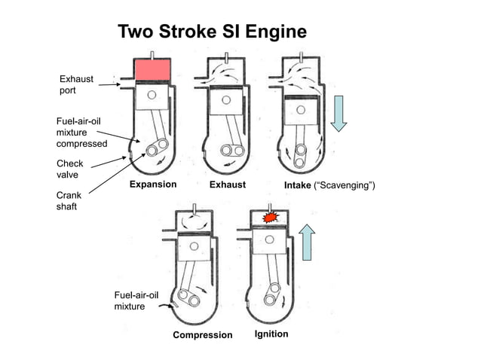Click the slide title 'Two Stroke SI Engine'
point(213,32)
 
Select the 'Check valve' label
point(70,169)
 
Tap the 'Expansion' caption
point(153,185)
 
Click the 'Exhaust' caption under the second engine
point(228,185)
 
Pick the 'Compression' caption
point(203,334)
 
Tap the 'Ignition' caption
point(271,334)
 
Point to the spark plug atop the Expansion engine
point(153,54)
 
